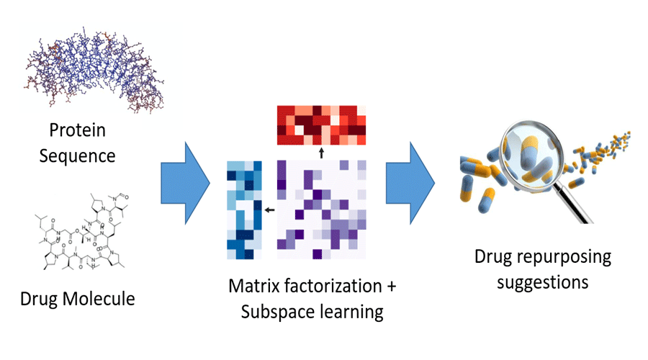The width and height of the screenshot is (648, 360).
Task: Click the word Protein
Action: pos(78,131)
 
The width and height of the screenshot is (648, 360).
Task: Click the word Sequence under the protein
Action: pos(78,155)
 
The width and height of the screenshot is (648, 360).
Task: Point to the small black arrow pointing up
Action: pos(322,152)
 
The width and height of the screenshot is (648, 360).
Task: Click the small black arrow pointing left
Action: pos(268,210)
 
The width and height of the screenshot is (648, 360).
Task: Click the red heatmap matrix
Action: pos(322,124)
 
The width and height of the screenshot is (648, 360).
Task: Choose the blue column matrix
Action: pos(243,210)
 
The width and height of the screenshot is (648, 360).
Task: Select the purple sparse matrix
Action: pos(322,210)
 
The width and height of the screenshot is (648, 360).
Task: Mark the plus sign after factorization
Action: pos(391,287)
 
